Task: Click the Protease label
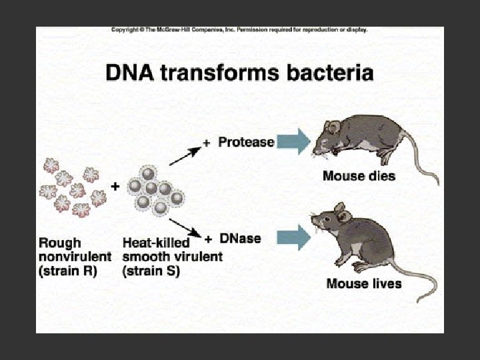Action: point(246,142)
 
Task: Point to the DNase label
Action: point(241,238)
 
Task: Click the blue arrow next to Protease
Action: point(293,141)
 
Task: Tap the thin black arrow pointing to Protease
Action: point(183,155)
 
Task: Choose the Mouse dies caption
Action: point(359,177)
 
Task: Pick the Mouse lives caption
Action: point(363,283)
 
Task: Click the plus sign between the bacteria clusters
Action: point(115,187)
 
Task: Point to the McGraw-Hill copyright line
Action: point(239,30)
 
